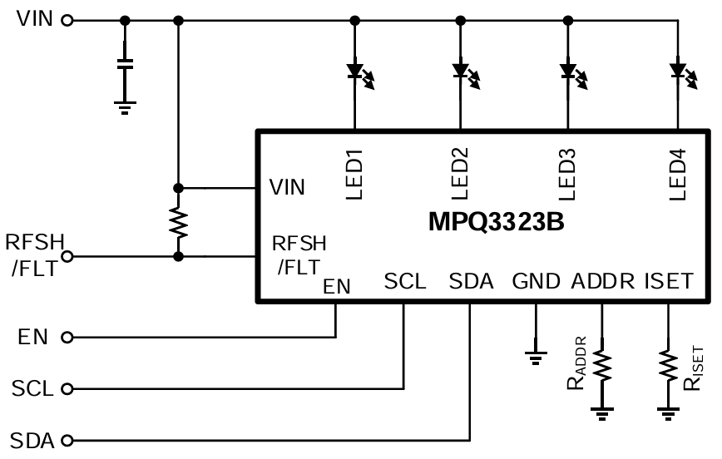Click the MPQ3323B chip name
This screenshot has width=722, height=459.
coord(497,223)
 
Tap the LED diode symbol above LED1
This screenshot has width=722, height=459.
coord(356,72)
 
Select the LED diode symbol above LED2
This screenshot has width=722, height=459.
coord(462,72)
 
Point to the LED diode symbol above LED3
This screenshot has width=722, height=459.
coord(569,72)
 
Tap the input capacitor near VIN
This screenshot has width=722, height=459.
coord(125,66)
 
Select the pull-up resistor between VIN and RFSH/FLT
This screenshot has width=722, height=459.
coord(177,222)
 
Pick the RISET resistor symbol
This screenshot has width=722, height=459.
coord(667,365)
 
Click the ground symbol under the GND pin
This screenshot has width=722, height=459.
coord(535,358)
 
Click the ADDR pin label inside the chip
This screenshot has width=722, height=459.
coord(604,281)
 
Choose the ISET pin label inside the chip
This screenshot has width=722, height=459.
coord(668,281)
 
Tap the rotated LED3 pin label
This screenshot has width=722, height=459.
coord(568,174)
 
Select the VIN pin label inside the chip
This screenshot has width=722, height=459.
coord(287,188)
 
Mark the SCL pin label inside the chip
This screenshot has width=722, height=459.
coord(405,281)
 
